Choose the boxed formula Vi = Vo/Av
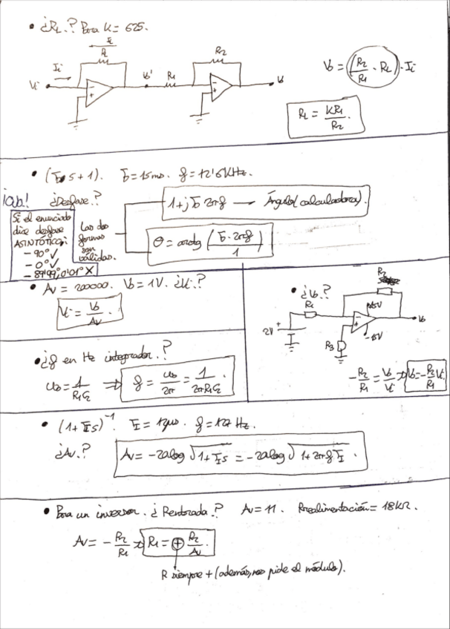(x=88, y=315)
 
